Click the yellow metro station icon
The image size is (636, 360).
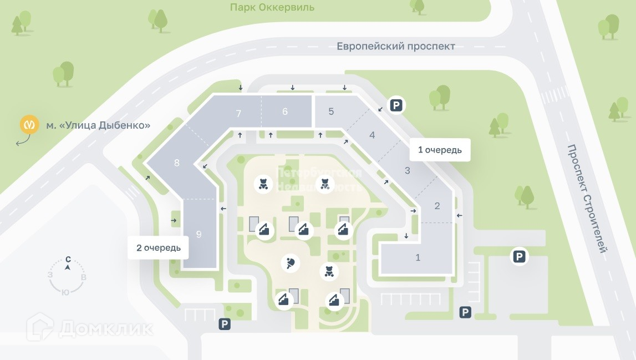(x=29, y=125)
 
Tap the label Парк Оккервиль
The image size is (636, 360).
(x=272, y=7)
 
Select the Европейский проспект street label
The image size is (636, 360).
(x=396, y=46)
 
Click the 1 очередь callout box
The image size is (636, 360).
(x=440, y=150)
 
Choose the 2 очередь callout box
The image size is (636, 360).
(x=159, y=247)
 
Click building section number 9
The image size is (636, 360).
(x=199, y=234)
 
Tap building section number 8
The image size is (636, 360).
(x=177, y=163)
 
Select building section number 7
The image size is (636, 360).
(x=238, y=114)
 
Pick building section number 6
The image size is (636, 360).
(x=285, y=111)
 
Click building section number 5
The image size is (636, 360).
(x=331, y=111)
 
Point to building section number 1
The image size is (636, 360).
(x=418, y=257)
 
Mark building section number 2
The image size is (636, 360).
(x=437, y=206)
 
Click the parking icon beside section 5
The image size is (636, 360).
(x=396, y=105)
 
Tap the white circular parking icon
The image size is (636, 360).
(x=519, y=257)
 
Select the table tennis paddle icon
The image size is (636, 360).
(x=291, y=263)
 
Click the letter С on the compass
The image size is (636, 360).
(x=68, y=259)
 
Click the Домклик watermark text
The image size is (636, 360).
(x=106, y=328)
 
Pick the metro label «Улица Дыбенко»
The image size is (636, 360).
(x=98, y=125)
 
